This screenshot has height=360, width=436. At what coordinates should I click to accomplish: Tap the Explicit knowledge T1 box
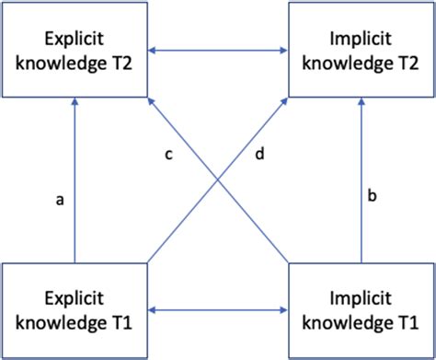pos(75,310)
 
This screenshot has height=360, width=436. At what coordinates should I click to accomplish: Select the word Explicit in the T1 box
pos(75,299)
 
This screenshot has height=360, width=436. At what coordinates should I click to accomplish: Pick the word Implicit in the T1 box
pos(361,299)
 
